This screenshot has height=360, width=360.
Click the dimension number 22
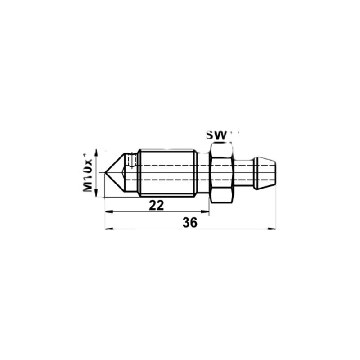click(156, 205)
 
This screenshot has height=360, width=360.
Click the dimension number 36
click(190, 222)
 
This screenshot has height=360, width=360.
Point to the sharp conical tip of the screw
click(107, 172)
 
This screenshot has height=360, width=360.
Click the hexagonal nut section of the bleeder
click(221, 172)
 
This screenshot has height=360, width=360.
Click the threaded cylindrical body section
click(166, 173)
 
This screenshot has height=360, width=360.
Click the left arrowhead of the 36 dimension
click(108, 229)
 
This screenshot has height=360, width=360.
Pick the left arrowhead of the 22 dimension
click(108, 211)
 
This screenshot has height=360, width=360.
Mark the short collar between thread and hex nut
click(202, 173)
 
